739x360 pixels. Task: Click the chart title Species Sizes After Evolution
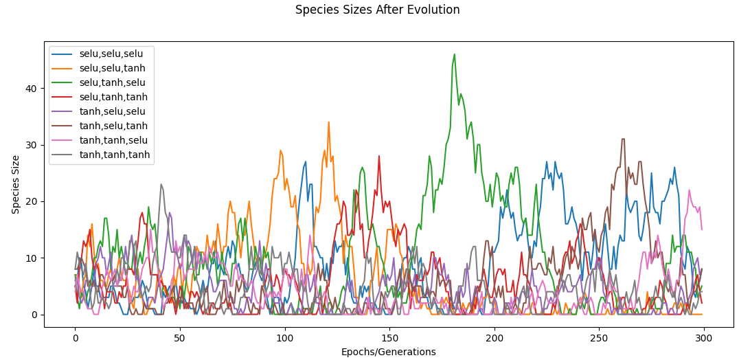coord(377,10)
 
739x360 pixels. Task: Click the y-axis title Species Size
coord(16,184)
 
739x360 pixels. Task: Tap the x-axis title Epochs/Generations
coord(388,352)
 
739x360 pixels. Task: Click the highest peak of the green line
coord(454,54)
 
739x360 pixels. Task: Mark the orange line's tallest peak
coord(328,122)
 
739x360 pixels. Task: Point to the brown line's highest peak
coord(623,139)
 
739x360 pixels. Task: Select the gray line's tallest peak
coord(161,184)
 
